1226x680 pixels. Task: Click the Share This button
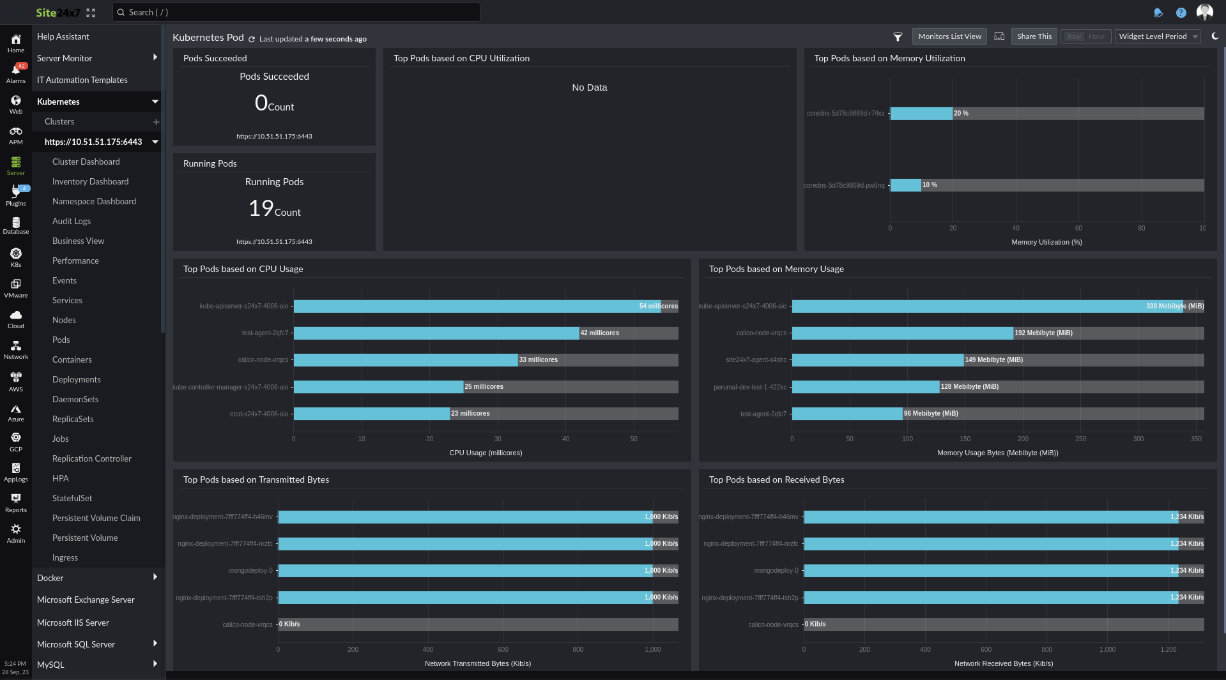coord(1034,36)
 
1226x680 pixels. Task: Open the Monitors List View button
coord(949,36)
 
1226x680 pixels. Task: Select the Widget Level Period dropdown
coord(1157,36)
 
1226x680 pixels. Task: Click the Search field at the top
coord(296,12)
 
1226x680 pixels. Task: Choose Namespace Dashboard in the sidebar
coord(94,201)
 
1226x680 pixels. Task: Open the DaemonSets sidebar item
coord(75,399)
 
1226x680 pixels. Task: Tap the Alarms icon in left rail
coord(16,73)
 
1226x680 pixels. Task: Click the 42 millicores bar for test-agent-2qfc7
coord(436,333)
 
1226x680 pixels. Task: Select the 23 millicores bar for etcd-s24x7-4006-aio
coord(371,414)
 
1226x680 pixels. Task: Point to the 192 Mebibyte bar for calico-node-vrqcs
coord(902,333)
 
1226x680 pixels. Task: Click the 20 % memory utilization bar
coord(921,114)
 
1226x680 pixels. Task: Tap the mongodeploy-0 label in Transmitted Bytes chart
coord(250,570)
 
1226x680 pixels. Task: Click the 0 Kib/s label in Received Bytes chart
coord(815,624)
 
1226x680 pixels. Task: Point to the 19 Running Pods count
coord(261,208)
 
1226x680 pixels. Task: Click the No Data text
coord(589,87)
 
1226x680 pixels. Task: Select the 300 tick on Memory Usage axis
coord(1138,439)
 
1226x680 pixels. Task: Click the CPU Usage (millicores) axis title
coord(486,453)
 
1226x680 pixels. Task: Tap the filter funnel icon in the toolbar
coord(898,36)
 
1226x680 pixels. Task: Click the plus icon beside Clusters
coord(156,122)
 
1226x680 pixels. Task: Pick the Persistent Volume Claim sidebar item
coord(96,518)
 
